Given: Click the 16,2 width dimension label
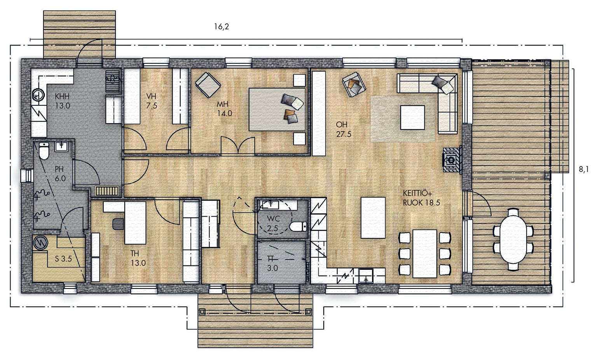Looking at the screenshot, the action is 222,27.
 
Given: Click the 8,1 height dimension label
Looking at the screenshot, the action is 584,170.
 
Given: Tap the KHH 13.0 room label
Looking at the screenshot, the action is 62,101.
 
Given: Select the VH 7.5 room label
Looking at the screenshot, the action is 151,101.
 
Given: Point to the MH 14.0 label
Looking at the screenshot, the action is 224,109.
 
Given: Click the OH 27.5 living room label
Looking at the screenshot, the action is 343,129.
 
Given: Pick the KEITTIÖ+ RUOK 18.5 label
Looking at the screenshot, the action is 421,197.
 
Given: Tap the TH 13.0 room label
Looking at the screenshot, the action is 138,258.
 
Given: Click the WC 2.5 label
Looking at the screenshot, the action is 273,224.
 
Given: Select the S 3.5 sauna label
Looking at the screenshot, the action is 63,259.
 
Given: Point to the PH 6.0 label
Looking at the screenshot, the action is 60,174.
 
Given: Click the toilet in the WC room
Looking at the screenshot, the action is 298,227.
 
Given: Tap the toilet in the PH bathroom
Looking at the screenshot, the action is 44,151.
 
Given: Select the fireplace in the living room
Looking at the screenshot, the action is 452,159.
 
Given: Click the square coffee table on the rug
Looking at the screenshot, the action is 412,117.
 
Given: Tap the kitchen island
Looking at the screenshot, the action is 373,218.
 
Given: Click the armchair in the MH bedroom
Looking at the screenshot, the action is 208,85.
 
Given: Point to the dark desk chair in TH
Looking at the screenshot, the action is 118,224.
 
